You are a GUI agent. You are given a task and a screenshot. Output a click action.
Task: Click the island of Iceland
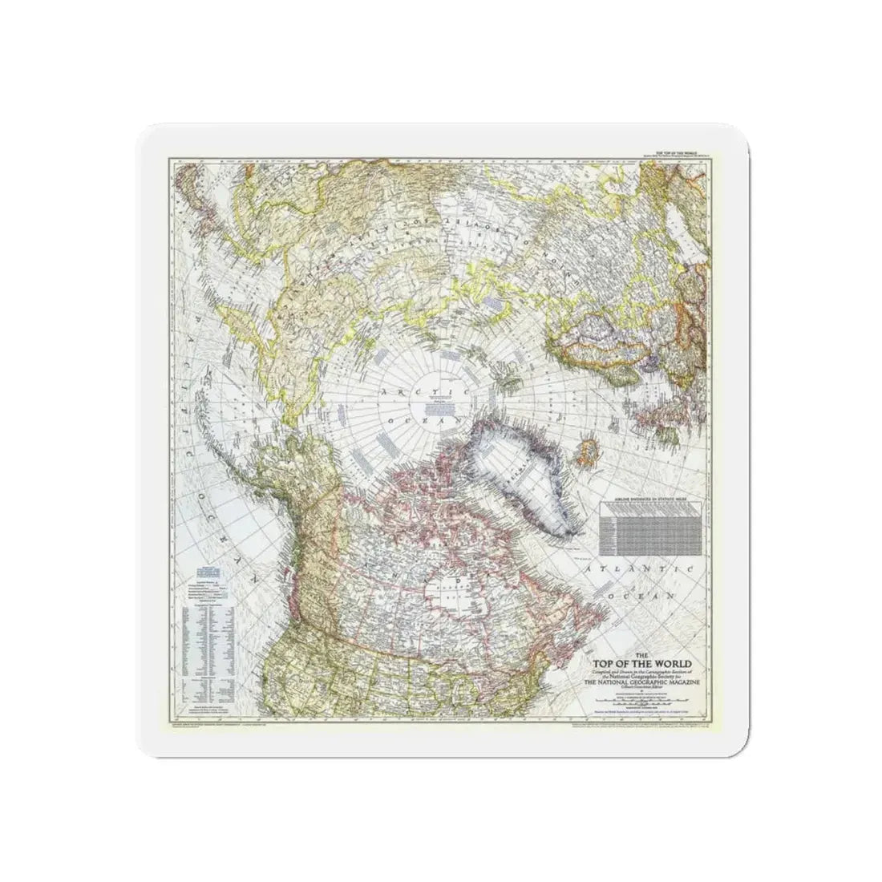pos(584,459)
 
